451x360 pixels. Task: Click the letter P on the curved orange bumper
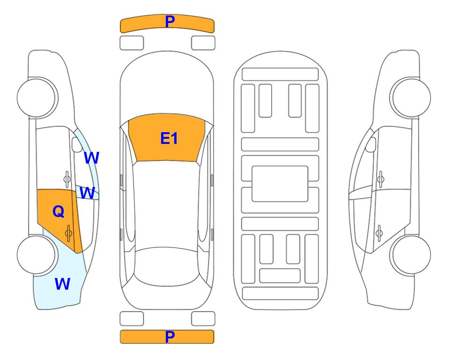(x=170, y=21)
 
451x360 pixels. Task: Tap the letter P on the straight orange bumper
(x=170, y=337)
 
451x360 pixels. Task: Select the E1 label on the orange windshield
(x=169, y=138)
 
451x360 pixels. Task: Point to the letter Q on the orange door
(x=59, y=212)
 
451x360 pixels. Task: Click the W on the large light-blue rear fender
(x=62, y=284)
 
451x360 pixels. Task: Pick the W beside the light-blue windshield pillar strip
(x=91, y=158)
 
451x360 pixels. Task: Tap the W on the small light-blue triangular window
(x=87, y=193)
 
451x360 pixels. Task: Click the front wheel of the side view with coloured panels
(x=37, y=97)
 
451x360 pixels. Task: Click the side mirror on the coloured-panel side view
(x=76, y=144)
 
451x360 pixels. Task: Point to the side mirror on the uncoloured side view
(x=371, y=144)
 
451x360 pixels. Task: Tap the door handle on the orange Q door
(x=68, y=233)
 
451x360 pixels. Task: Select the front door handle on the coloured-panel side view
(x=67, y=179)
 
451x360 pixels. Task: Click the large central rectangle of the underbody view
(x=280, y=184)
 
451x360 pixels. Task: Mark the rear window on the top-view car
(x=167, y=266)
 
